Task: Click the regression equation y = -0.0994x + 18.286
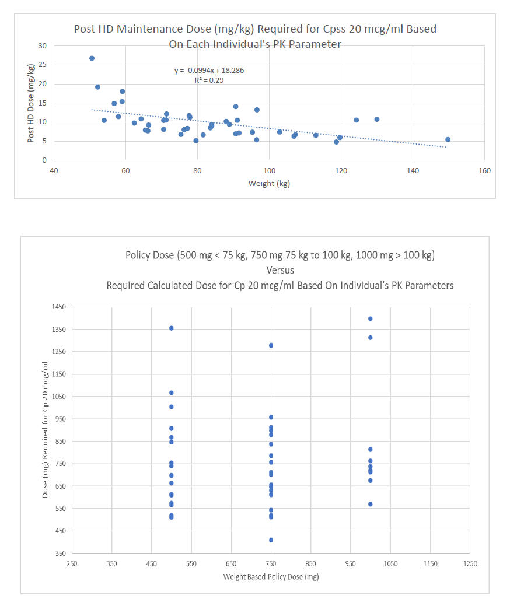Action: pos(214,71)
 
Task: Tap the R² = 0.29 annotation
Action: pos(206,80)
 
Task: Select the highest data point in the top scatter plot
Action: pos(92,58)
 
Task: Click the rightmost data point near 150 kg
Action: pos(448,139)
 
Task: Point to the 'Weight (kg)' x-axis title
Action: pos(269,184)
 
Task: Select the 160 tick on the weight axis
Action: pos(484,170)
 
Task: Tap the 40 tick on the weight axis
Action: pos(54,170)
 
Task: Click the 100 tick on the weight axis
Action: pos(269,170)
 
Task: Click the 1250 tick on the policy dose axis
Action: pos(470,564)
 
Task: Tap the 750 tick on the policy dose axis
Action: pos(271,564)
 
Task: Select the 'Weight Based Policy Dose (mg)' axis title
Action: pos(271,577)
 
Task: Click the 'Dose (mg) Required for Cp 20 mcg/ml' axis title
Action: pos(46,429)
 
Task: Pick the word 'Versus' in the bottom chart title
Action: pos(280,271)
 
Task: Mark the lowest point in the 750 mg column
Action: pos(271,540)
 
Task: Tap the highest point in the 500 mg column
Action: pos(172,328)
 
